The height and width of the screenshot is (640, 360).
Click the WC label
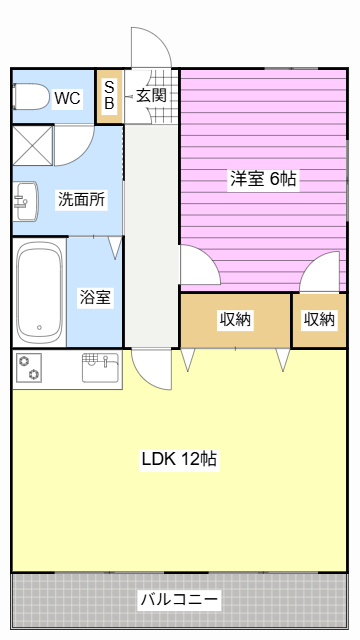click(68, 98)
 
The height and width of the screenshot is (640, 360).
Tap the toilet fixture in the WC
click(31, 97)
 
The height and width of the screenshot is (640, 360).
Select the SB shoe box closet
click(109, 97)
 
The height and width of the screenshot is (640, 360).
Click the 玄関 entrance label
click(151, 96)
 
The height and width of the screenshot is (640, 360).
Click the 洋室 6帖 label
click(263, 179)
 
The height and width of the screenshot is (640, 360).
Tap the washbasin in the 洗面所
click(25, 201)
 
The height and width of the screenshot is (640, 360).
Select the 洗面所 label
click(82, 200)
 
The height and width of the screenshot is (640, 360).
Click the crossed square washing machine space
click(33, 146)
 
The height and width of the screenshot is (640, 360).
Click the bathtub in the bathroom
click(39, 293)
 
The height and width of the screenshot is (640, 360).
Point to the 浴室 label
click(95, 297)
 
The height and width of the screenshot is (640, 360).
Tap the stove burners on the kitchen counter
click(29, 367)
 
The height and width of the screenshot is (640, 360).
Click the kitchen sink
click(100, 367)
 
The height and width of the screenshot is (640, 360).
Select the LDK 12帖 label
click(179, 459)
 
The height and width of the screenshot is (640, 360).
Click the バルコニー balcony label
click(179, 600)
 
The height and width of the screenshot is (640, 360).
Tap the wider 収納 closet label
click(236, 320)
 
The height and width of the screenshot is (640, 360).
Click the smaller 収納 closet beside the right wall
click(319, 320)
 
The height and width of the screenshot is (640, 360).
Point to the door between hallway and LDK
click(152, 369)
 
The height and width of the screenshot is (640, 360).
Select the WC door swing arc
click(75, 146)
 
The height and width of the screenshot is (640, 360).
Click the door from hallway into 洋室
click(200, 264)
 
